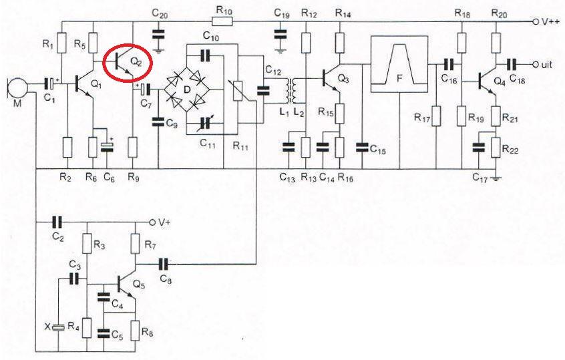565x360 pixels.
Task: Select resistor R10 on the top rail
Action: (x=223, y=21)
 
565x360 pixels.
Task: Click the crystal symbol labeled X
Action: (x=59, y=327)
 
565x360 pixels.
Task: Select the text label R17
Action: (x=421, y=118)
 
